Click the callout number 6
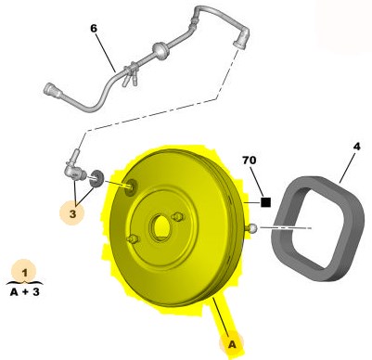[94, 29]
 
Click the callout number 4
[357, 147]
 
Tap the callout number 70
[250, 161]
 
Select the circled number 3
[72, 213]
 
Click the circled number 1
[24, 273]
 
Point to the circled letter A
[232, 344]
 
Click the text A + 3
[25, 291]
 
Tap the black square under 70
[265, 202]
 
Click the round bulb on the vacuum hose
[160, 49]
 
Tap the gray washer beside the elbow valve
[96, 178]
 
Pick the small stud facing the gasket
[251, 228]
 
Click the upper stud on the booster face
[177, 217]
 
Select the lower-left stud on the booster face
[133, 239]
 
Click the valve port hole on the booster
[131, 187]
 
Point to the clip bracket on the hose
[131, 74]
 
